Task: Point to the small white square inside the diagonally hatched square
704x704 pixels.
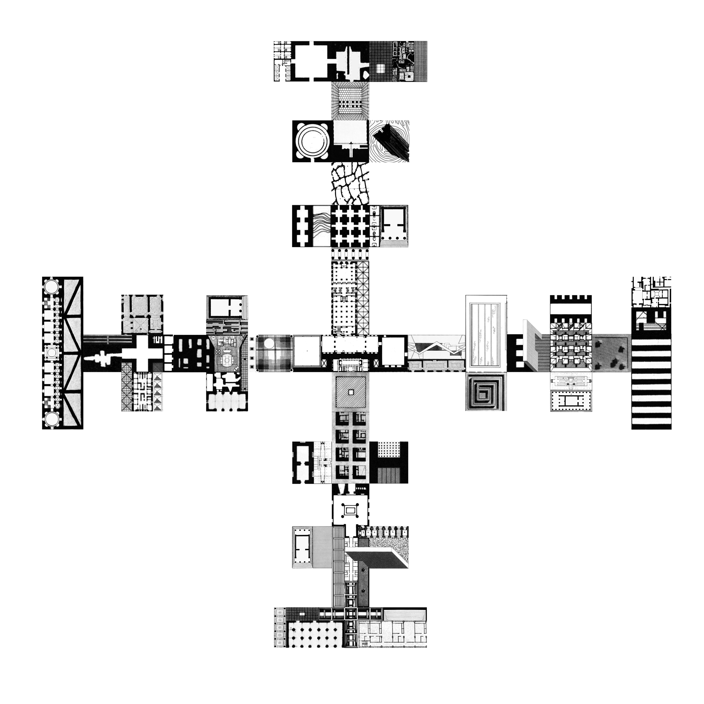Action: click(350, 392)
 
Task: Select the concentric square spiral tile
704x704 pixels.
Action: click(486, 392)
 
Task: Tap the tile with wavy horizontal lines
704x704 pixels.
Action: click(321, 226)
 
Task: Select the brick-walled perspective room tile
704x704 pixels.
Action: click(350, 100)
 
